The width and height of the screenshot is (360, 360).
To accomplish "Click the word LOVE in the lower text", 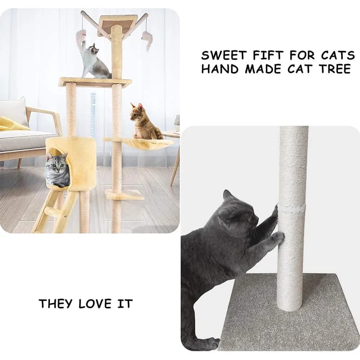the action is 94,304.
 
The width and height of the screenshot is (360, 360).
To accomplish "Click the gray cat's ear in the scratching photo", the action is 227,194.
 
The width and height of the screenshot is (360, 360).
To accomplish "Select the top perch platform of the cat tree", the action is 117,25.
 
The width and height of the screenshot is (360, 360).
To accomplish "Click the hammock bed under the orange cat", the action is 138,142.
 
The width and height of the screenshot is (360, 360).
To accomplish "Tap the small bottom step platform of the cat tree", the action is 125,194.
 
